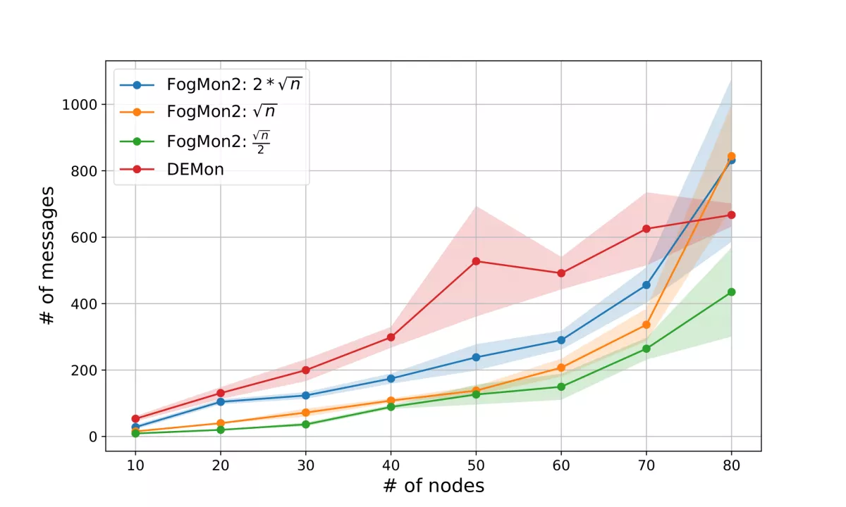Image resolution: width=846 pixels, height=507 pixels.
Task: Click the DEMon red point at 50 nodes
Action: coord(476,261)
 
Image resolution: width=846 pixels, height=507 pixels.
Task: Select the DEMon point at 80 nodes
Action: coord(731,215)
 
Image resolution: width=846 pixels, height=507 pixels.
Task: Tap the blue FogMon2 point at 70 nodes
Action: coord(646,285)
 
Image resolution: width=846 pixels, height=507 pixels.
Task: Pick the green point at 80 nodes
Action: coord(731,292)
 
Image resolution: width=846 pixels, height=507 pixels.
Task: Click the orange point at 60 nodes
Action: coord(561,368)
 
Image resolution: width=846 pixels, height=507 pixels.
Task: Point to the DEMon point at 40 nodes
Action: coord(391,337)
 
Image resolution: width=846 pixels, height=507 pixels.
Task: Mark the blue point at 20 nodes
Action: coord(221,401)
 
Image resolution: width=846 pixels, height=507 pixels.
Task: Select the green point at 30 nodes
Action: coord(306,424)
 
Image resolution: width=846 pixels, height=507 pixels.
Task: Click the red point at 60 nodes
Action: coord(561,273)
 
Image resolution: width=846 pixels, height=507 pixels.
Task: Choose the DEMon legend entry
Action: coord(195,169)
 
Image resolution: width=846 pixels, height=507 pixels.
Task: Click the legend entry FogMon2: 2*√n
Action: coord(235,84)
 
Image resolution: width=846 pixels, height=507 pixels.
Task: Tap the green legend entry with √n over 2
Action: coord(219,141)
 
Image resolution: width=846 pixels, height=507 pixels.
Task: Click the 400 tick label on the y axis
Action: coord(85,303)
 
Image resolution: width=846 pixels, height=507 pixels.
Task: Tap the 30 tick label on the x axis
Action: coord(306,465)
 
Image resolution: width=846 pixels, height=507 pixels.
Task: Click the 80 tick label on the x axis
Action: coord(731,465)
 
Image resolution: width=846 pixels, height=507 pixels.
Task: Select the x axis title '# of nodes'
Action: coord(434,486)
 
